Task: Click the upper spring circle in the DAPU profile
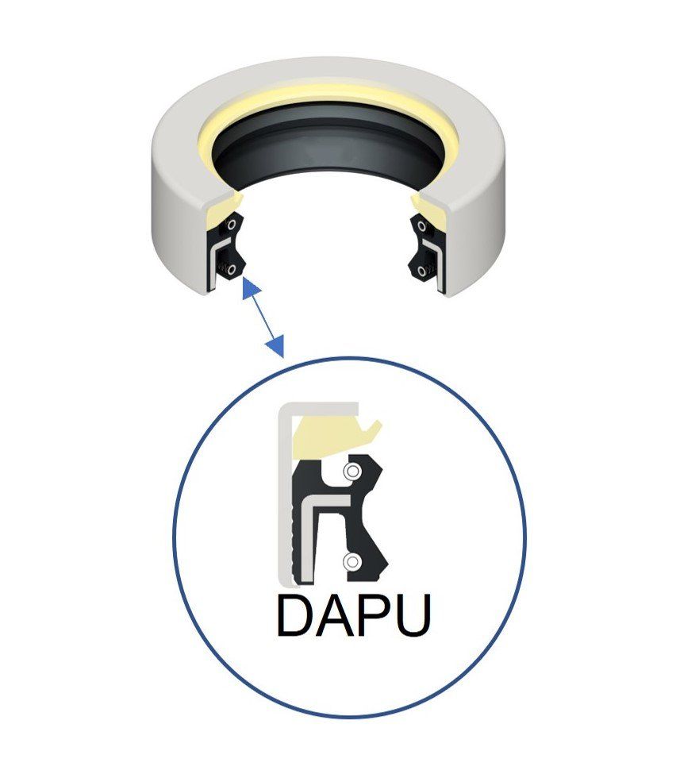[350, 472]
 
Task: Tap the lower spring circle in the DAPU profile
[350, 562]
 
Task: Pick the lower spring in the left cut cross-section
[231, 270]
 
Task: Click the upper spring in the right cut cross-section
[418, 225]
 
